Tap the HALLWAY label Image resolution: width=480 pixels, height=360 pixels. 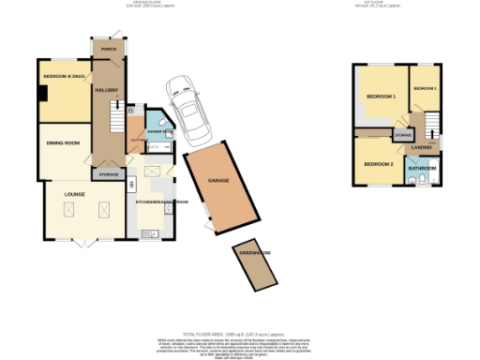(103, 89)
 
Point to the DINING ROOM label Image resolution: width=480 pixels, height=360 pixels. (63, 143)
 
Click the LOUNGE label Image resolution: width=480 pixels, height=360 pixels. (74, 194)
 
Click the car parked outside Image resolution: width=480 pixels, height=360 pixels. (186, 105)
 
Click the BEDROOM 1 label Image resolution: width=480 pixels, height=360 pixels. (381, 97)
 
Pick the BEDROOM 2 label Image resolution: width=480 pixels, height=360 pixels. (378, 164)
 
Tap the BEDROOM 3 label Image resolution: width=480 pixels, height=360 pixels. (426, 88)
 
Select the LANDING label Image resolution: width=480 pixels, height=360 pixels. (422, 147)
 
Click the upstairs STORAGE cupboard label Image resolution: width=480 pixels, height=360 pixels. (402, 136)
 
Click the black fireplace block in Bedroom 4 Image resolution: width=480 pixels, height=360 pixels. (42, 93)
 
